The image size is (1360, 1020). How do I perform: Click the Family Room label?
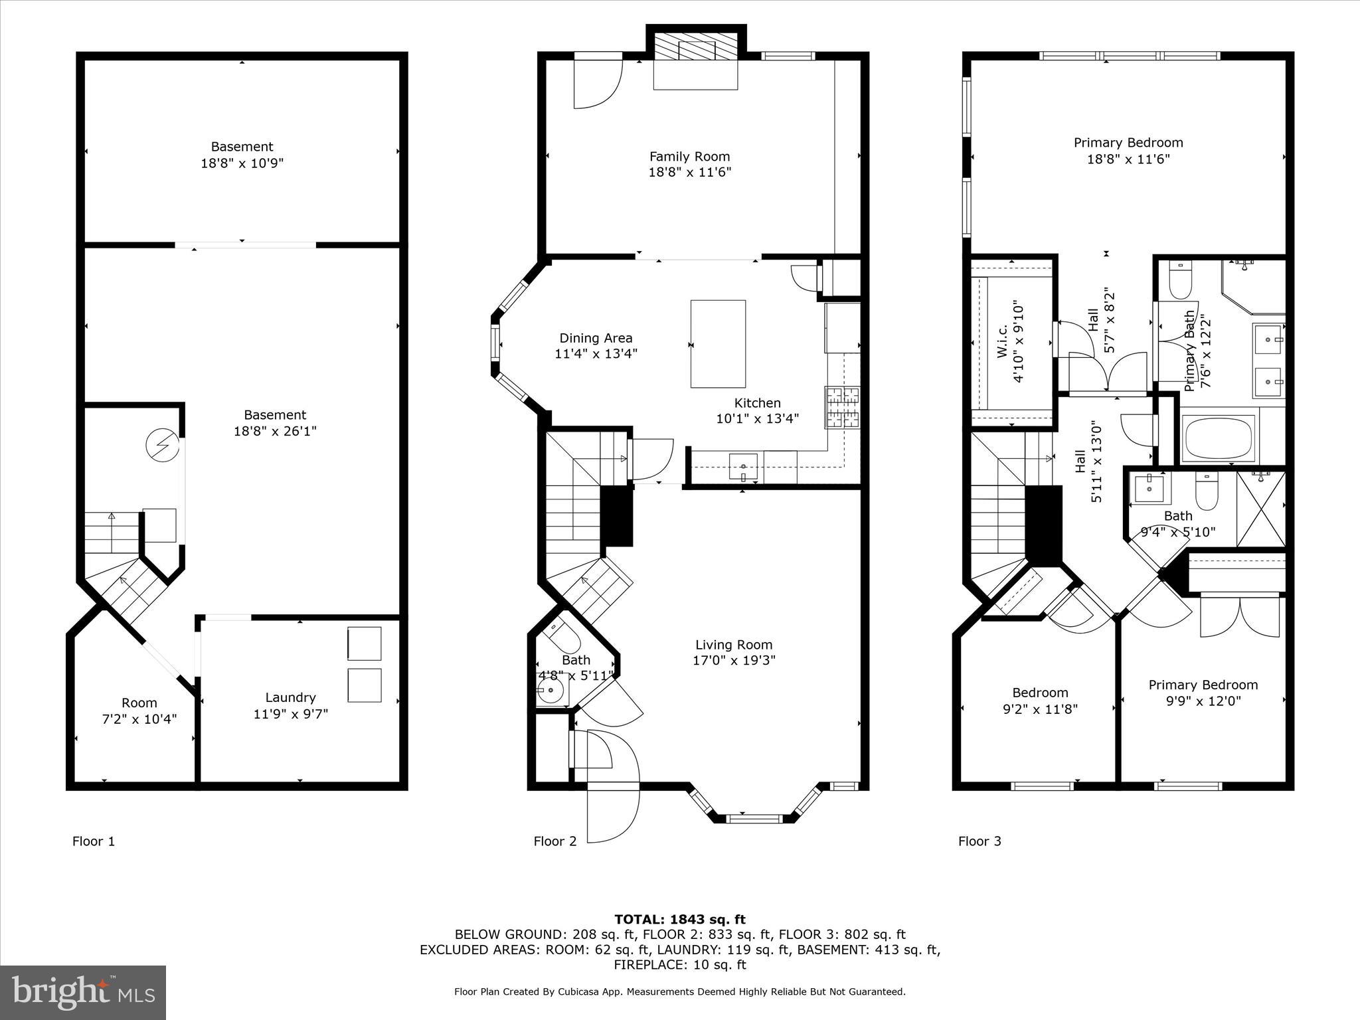tap(689, 157)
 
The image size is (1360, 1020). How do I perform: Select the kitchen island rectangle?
tap(718, 344)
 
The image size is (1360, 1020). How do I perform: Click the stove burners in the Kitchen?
tap(842, 407)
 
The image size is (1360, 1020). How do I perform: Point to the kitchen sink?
tap(743, 467)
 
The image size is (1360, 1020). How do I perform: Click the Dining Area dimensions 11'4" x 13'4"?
tap(596, 354)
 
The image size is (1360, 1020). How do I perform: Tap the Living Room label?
tap(733, 645)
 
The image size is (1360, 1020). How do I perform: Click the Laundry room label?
tap(290, 698)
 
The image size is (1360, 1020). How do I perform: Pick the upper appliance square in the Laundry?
tap(365, 643)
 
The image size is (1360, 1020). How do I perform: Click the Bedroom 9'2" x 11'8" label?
tap(1040, 693)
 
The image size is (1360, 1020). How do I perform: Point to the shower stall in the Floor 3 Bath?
tap(1261, 509)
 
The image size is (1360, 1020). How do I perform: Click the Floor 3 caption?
tap(979, 841)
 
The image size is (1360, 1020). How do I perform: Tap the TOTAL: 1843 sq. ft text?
tap(679, 920)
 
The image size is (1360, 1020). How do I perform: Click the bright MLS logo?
tap(83, 992)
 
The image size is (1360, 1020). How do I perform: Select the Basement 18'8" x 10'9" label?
tap(242, 147)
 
